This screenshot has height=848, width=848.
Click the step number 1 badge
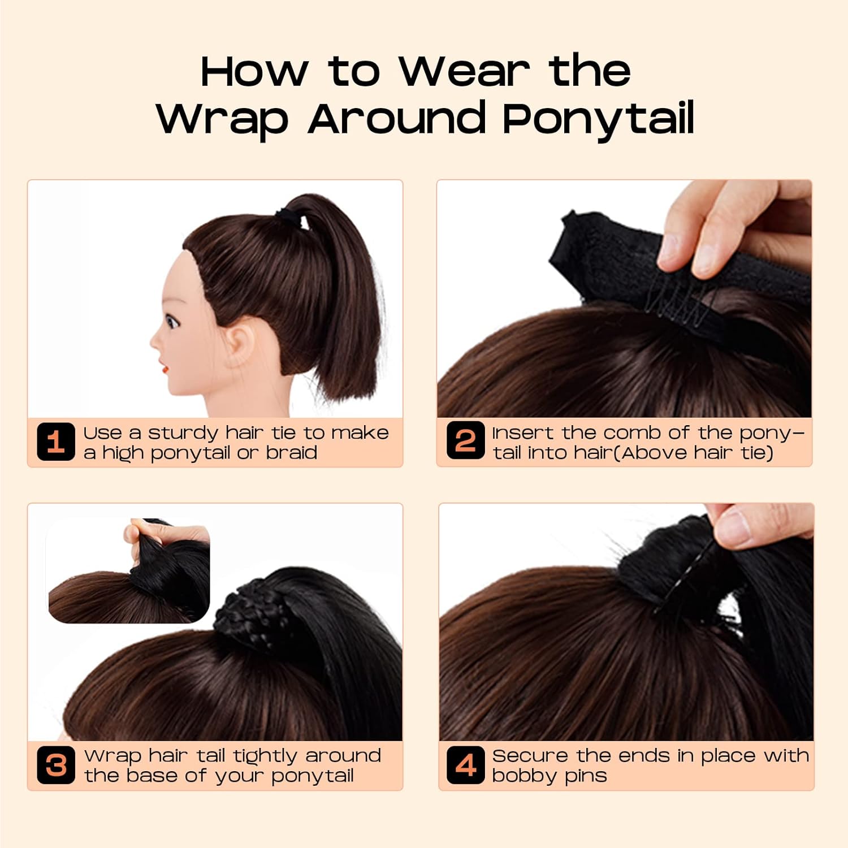(x=55, y=442)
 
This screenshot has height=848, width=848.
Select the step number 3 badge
(x=55, y=765)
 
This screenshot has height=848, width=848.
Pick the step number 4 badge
(x=465, y=765)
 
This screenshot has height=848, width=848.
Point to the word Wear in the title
(x=465, y=72)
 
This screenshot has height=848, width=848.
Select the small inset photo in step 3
(x=129, y=571)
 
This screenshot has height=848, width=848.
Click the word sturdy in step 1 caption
(x=183, y=433)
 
